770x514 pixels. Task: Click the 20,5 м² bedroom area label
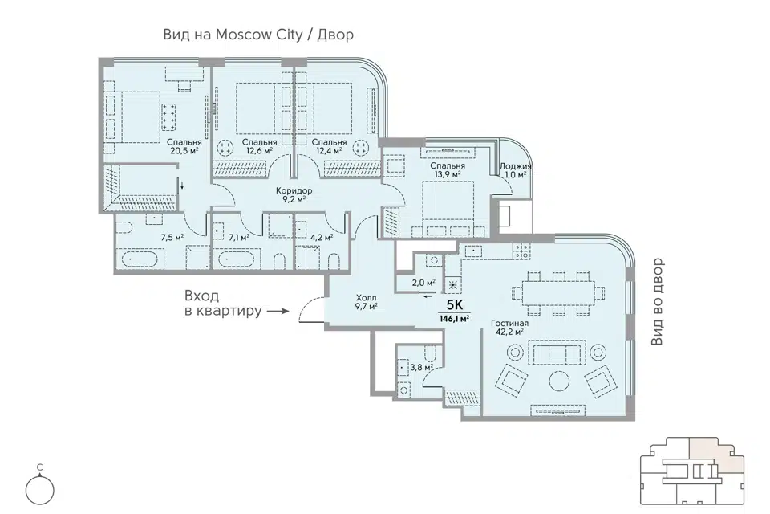point(184,151)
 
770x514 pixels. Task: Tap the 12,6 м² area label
point(259,150)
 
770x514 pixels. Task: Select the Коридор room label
point(294,190)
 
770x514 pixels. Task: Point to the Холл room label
point(367,298)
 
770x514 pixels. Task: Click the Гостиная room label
point(510,323)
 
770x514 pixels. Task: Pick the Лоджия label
point(515,166)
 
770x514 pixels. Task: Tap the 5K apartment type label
point(455,305)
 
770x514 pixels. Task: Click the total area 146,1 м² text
point(454,318)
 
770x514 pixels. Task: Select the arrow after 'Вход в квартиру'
point(278,311)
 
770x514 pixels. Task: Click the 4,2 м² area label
point(322,238)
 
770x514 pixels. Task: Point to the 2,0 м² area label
point(423,283)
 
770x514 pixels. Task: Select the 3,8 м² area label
point(421,367)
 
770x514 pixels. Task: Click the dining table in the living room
point(558,292)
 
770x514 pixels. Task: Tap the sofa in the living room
point(556,353)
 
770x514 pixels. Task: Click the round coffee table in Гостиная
point(559,381)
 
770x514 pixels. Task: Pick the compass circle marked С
point(40,490)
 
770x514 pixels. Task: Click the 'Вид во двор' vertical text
point(657,301)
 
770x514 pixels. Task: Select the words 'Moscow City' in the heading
point(259,35)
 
